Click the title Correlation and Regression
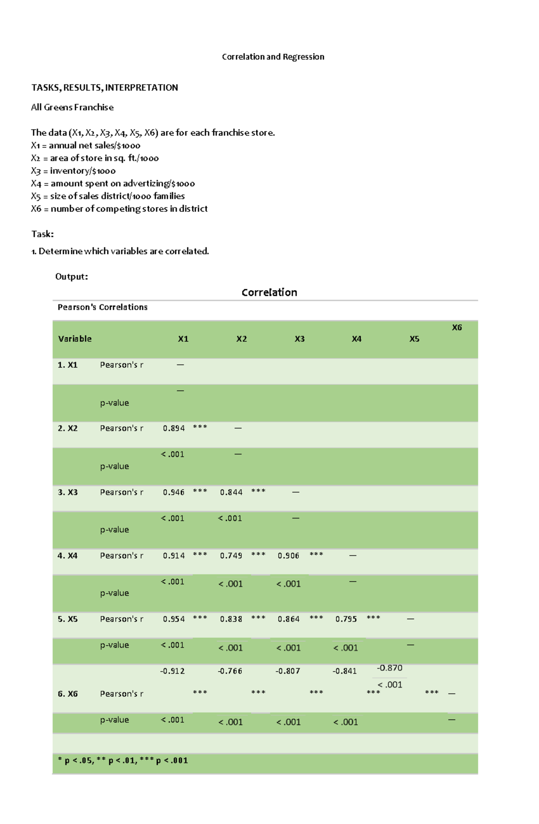pyautogui.click(x=273, y=57)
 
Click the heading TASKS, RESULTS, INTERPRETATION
pyautogui.click(x=104, y=88)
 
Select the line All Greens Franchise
pyautogui.click(x=72, y=107)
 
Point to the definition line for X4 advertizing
pyautogui.click(x=113, y=183)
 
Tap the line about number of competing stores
pyautogui.click(x=119, y=209)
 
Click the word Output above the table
pyautogui.click(x=71, y=277)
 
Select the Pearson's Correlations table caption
pyautogui.click(x=102, y=307)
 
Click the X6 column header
pyautogui.click(x=457, y=327)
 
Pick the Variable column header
pyautogui.click(x=75, y=339)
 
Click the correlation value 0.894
pyautogui.click(x=174, y=428)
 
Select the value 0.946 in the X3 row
pyautogui.click(x=174, y=492)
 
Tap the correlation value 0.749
pyautogui.click(x=231, y=555)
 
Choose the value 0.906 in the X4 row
pyautogui.click(x=288, y=555)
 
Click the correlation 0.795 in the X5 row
pyautogui.click(x=346, y=619)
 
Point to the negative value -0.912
pyautogui.click(x=172, y=671)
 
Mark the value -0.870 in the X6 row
pyautogui.click(x=389, y=668)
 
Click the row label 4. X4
pyautogui.click(x=67, y=555)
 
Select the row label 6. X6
pyautogui.click(x=67, y=694)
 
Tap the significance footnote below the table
pyautogui.click(x=123, y=760)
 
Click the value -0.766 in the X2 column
pyautogui.click(x=230, y=671)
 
